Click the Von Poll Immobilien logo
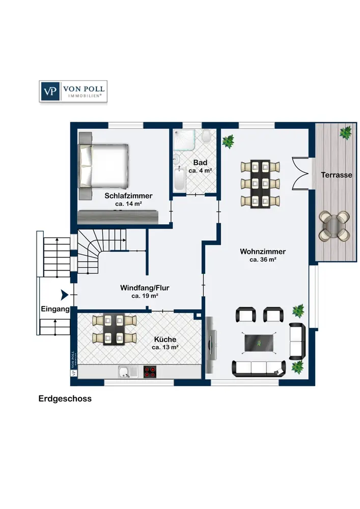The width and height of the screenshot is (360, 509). click(x=73, y=91)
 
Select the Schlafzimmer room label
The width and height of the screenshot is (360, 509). click(x=128, y=195)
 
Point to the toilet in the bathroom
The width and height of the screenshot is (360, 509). click(x=206, y=137)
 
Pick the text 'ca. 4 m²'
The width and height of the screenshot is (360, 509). click(x=200, y=171)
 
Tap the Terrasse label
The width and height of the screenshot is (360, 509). click(x=337, y=175)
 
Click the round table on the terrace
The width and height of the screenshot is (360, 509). click(x=335, y=225)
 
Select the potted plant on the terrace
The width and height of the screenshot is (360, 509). click(x=346, y=133)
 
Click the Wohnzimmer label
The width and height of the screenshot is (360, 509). click(x=263, y=251)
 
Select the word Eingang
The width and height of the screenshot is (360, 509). click(x=54, y=309)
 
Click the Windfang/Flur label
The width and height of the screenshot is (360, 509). click(x=145, y=288)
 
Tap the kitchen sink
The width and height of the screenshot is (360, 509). click(x=124, y=372)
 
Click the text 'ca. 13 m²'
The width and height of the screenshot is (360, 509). click(x=164, y=348)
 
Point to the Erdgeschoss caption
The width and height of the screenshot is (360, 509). click(x=65, y=399)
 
